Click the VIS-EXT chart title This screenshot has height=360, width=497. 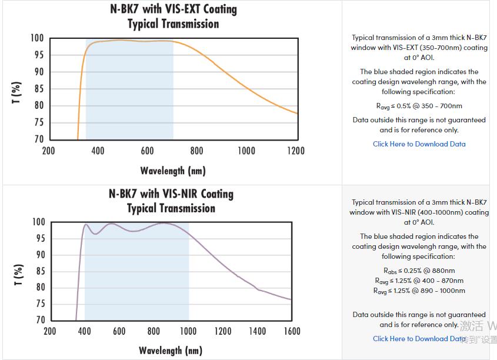173,10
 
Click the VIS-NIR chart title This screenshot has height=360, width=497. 171,194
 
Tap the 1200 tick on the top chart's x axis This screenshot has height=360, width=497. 296,151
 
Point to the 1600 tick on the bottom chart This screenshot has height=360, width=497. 292,331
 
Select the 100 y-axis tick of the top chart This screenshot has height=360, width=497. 37,39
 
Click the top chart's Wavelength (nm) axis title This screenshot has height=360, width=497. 173,171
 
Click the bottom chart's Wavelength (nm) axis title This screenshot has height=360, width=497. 171,351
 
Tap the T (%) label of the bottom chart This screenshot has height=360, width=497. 17,275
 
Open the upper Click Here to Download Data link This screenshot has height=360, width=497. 419,144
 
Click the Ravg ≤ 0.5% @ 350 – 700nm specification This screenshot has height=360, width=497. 419,106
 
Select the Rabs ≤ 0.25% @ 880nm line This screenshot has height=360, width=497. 419,271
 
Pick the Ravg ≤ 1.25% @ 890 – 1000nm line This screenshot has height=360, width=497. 419,291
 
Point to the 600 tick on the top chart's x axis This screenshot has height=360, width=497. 148,151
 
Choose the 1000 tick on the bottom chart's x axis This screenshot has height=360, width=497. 188,331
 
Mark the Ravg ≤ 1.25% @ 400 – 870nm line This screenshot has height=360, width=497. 419,281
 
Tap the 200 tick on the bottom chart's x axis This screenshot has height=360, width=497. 50,331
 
